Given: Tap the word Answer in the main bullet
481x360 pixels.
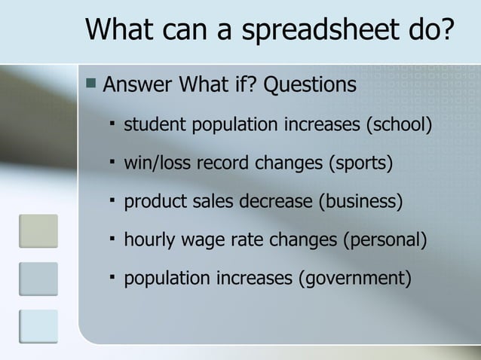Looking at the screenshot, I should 136,84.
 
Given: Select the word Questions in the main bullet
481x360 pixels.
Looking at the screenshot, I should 311,84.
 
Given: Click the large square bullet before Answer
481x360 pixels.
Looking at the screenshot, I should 90,82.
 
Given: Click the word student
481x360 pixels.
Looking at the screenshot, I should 152,123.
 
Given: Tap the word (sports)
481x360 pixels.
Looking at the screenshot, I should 360,162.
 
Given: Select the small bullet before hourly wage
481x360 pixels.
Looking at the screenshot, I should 110,239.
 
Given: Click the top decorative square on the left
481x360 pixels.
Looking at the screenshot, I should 38,231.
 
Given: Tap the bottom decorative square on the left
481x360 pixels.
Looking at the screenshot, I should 38,326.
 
